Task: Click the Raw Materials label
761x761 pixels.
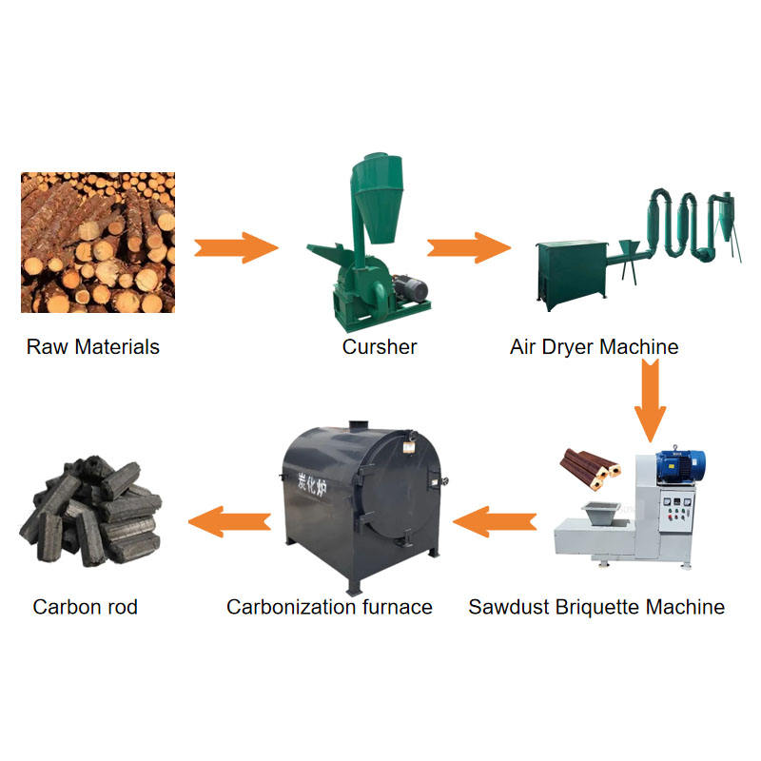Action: tap(92, 346)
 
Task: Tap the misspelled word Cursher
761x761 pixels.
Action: tap(380, 346)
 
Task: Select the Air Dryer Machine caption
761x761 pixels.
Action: tap(594, 346)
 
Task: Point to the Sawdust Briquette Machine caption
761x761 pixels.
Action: tap(596, 607)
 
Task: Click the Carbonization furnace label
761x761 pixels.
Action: tap(329, 607)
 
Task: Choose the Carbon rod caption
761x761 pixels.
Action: tap(85, 607)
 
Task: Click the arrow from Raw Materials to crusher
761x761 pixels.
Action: tap(235, 248)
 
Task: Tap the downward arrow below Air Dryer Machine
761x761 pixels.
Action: tap(650, 400)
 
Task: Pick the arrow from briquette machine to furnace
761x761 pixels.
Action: tap(494, 520)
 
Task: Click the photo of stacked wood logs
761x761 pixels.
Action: tap(97, 243)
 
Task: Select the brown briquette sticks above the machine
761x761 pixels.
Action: tap(589, 465)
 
